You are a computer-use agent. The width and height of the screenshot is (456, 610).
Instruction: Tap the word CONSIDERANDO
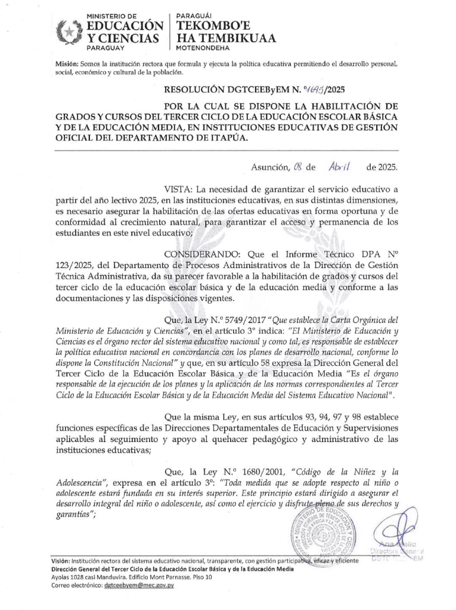197,254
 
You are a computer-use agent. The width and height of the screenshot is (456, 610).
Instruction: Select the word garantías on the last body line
68,516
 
